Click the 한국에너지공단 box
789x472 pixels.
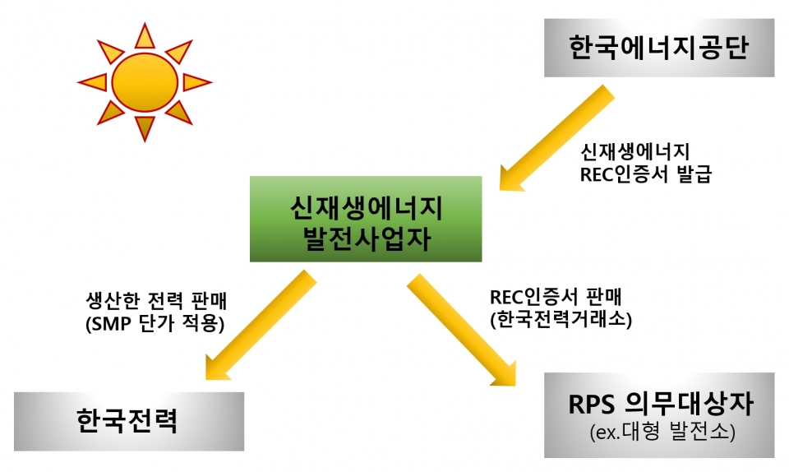(659, 48)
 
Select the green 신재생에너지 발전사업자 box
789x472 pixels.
(366, 219)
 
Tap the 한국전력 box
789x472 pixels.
(129, 422)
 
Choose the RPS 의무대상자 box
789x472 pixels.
(659, 415)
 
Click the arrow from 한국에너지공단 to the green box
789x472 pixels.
(556, 139)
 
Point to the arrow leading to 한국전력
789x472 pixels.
(260, 326)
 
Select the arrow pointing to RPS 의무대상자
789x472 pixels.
(462, 331)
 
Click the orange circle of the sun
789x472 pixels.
(145, 82)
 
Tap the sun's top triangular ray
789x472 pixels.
(145, 36)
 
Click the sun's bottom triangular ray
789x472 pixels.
(145, 128)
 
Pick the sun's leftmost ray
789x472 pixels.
(93, 82)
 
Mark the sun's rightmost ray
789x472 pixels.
(197, 82)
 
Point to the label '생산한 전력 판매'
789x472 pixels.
(156, 301)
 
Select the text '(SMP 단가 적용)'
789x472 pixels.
(155, 323)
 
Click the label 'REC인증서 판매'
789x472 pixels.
(556, 297)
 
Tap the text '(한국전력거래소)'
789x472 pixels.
(561, 319)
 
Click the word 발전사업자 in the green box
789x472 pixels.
(367, 238)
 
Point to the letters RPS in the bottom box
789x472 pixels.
(591, 404)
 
